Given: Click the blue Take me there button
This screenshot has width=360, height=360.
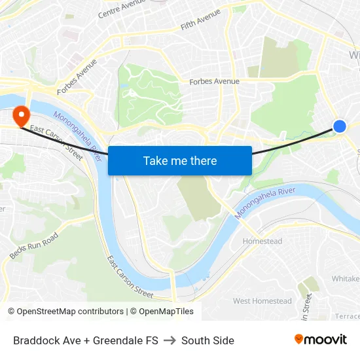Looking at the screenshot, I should (x=180, y=160).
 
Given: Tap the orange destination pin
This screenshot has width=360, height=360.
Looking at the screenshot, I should (x=21, y=116).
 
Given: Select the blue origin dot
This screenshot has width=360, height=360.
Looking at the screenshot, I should (x=339, y=126).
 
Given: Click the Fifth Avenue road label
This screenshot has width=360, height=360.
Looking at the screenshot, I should (x=200, y=20).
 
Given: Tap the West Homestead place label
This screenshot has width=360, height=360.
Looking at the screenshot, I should (x=262, y=301).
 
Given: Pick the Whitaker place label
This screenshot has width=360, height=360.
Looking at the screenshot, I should (x=345, y=279).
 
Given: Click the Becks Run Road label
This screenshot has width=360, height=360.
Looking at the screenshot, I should (x=34, y=245).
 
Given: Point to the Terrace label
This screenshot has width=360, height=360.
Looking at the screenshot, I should (x=347, y=315).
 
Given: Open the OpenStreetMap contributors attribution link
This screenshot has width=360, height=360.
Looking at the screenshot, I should (x=70, y=312).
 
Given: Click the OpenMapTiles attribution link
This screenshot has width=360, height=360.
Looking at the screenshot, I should (x=166, y=312).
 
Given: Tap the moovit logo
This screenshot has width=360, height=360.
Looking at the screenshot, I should (x=320, y=340).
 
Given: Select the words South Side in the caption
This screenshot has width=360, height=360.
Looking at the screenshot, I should (x=207, y=340).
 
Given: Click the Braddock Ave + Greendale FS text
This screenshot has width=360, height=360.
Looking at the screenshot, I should (x=86, y=340).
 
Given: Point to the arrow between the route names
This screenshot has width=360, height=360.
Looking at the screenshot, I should (x=170, y=340).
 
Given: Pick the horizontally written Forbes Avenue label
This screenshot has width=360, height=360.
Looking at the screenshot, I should (x=214, y=82).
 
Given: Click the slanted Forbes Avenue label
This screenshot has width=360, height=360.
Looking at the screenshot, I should (x=77, y=76).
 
